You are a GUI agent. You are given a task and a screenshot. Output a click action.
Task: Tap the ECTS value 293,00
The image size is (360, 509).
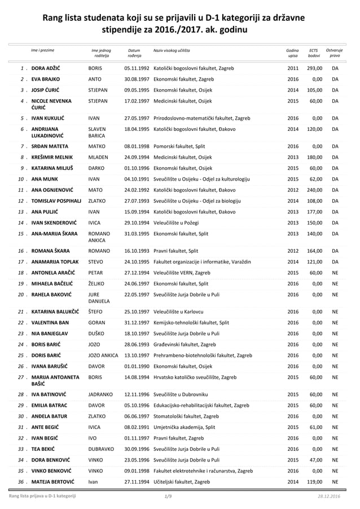[x=314, y=68]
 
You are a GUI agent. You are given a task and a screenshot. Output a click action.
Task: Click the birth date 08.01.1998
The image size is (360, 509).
[x=137, y=146]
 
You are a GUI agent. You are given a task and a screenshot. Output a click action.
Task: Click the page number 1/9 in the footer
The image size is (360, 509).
[x=168, y=496]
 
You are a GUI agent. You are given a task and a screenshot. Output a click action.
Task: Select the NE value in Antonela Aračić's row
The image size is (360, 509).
[x=335, y=272]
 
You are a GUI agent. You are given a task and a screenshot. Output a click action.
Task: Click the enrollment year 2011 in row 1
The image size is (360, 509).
[x=293, y=68]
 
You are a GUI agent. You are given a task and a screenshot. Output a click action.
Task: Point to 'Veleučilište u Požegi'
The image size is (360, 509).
[x=178, y=223]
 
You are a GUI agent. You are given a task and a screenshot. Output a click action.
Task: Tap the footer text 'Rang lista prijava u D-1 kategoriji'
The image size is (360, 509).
[x=41, y=496]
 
